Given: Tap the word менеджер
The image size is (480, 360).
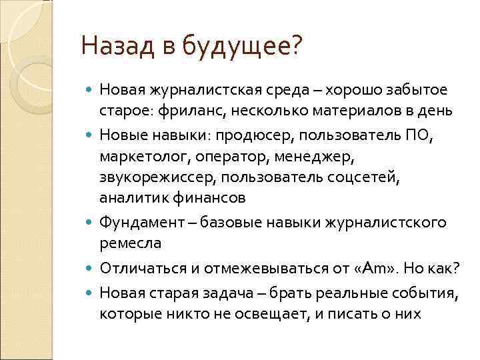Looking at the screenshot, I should click(311, 159).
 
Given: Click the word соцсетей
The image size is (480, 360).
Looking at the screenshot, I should click(369, 178).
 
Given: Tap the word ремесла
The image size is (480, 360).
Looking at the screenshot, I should click(131, 243).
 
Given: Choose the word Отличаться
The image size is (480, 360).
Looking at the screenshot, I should click(139, 269).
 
